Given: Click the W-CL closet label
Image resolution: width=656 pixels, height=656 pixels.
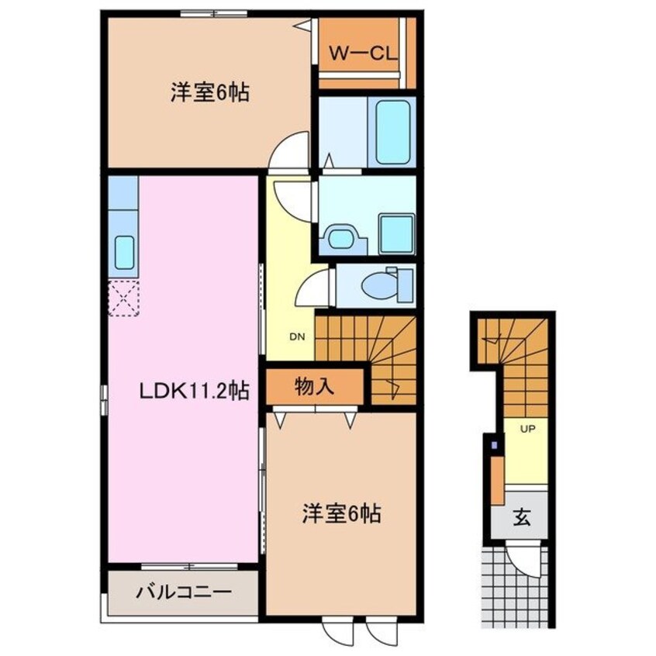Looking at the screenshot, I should point(362,54).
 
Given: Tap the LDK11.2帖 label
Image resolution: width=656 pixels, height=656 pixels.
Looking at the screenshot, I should point(193,392).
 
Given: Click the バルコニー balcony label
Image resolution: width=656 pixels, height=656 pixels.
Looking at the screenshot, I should point(184,594).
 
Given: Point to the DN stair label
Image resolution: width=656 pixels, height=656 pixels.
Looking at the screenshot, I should point(297,337).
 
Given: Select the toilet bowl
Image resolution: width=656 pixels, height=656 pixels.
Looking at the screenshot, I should point(379,285).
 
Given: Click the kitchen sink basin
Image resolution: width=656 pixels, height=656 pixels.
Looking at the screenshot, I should point(124,252).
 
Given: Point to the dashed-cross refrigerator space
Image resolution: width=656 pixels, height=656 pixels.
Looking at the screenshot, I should point(123,299).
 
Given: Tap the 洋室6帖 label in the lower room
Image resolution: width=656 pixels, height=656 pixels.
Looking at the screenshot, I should point(342,513).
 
